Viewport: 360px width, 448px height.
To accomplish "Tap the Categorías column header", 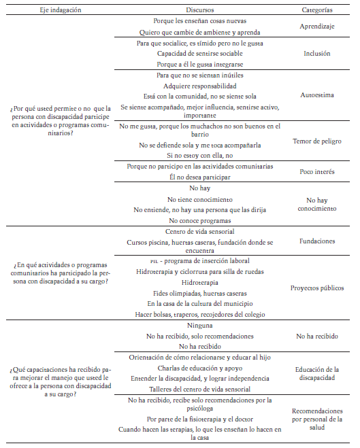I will point(316,10).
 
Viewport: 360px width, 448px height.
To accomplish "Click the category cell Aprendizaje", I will point(316,27).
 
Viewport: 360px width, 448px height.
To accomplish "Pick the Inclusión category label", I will point(316,52).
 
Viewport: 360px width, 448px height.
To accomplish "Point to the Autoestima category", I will point(316,95).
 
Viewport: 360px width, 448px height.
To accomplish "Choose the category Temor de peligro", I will point(316,141).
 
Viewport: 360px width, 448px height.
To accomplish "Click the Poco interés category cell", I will point(316,172).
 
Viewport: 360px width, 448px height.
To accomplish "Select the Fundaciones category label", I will point(316,241).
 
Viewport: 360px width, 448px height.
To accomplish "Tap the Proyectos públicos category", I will point(316,288).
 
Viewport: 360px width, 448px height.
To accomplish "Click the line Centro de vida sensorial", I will point(199,232).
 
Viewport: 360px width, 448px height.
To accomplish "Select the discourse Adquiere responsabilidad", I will point(200,86).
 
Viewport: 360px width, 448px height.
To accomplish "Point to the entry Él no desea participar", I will point(200,177).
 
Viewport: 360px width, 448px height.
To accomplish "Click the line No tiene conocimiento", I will point(200,199).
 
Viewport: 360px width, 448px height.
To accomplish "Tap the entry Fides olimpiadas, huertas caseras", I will point(199,293).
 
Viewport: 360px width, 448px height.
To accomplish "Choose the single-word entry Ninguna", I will point(199,325).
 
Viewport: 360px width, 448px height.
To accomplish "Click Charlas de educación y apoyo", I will point(199,368).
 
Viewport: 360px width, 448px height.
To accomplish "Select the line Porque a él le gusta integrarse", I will point(199,63).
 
